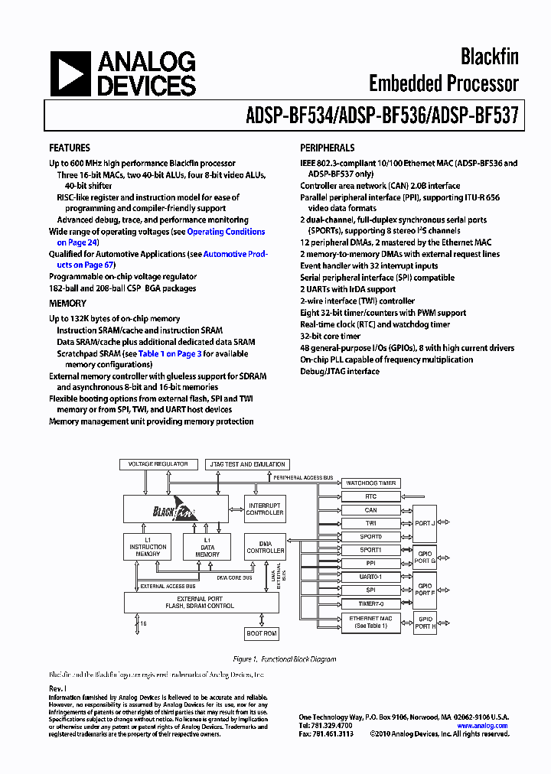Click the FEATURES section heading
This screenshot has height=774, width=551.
tap(70, 148)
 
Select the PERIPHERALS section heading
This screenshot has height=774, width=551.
tap(327, 148)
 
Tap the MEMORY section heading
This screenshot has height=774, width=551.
tap(68, 304)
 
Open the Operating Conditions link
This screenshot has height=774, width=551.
tap(226, 232)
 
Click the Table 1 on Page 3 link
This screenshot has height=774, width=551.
tap(170, 354)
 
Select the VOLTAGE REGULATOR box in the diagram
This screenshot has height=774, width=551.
tap(157, 464)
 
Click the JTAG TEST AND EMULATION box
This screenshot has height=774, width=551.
tap(246, 464)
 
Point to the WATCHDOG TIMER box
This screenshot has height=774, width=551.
tap(370, 483)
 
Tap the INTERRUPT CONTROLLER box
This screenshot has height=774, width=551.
tap(265, 509)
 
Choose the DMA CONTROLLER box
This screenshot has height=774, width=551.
tap(265, 547)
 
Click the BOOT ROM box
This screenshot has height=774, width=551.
tap(262, 633)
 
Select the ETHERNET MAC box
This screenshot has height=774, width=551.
tap(370, 622)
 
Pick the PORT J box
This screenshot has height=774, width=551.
tap(424, 524)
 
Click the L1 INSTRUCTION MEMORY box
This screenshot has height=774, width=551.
tap(148, 548)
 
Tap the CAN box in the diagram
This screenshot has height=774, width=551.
tap(370, 510)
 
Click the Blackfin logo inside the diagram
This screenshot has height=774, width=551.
tap(175, 509)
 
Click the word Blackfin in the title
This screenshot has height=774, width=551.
tap(489, 56)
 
